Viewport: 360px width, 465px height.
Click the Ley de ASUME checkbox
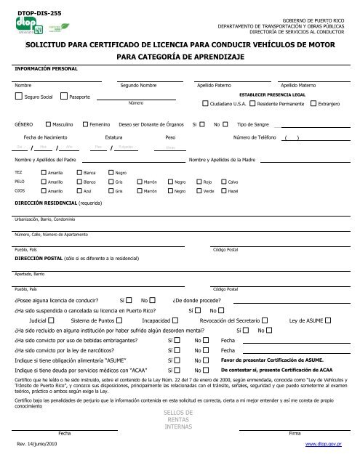coord(329,320)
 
